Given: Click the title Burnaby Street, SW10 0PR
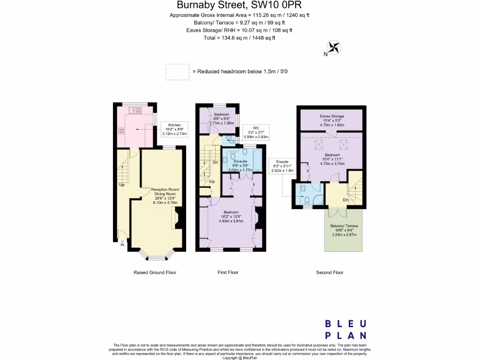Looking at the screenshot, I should [x=239, y=5].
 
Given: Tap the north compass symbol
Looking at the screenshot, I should [x=334, y=47].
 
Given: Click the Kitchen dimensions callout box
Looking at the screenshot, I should [x=174, y=129].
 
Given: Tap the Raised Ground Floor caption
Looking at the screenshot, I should [x=155, y=272].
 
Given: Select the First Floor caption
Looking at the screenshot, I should [x=229, y=272].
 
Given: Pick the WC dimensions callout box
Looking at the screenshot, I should [x=256, y=132].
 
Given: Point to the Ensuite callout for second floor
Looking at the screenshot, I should [x=283, y=166].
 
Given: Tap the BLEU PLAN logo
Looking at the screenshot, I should [x=346, y=329].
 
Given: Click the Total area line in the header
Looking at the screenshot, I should [x=239, y=38].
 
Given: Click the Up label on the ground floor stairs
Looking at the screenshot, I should [x=121, y=184].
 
